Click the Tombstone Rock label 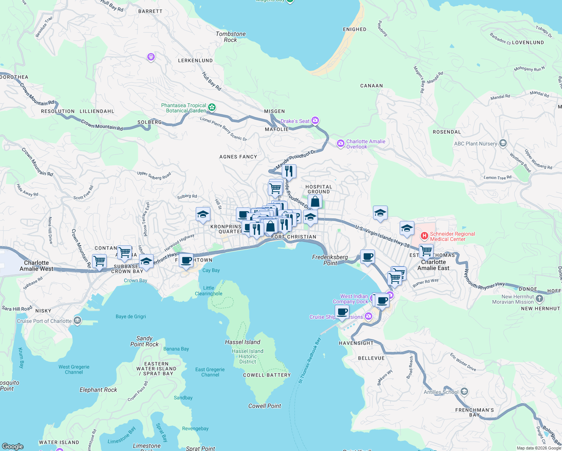[x=231, y=37]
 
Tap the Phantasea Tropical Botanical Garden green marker [x=212, y=108]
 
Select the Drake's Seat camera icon [x=315, y=121]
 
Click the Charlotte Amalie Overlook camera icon [x=340, y=143]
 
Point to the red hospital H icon [x=424, y=236]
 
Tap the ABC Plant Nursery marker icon [x=503, y=143]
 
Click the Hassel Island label [x=242, y=342]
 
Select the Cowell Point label [x=264, y=406]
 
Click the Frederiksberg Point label [x=330, y=260]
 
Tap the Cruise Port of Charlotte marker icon [x=77, y=321]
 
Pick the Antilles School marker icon [x=464, y=392]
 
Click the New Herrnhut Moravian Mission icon [x=539, y=299]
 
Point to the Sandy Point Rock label [x=144, y=341]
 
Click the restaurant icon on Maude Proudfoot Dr [x=289, y=171]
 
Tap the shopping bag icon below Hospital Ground [x=315, y=202]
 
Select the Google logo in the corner [x=13, y=446]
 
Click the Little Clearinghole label [x=208, y=291]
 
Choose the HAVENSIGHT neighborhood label [x=356, y=343]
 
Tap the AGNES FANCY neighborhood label [x=238, y=157]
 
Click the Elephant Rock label [x=98, y=390]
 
